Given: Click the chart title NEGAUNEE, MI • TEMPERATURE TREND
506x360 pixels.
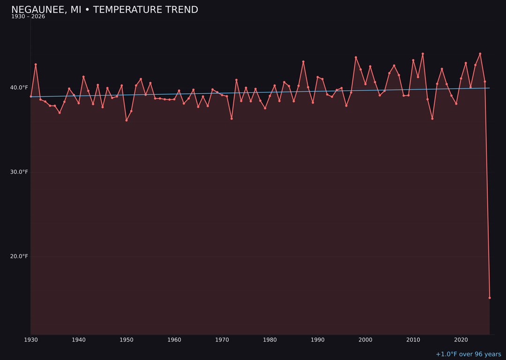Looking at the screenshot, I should point(104,10).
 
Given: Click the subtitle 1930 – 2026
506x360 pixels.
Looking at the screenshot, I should point(28,17).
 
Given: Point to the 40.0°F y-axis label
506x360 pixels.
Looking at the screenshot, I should point(19,88).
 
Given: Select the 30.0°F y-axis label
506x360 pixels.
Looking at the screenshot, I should point(19,172).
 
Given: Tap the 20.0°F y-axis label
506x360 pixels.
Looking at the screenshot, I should point(19,256).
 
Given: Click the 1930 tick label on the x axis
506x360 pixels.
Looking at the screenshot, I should point(31,340).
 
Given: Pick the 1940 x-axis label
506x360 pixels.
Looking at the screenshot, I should point(79,340).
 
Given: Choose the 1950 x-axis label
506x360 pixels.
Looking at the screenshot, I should point(126,340).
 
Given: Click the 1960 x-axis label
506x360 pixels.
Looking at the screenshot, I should point(174,340).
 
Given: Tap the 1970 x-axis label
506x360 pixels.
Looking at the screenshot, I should point(222,340).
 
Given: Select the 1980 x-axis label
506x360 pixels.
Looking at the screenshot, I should point(270,340).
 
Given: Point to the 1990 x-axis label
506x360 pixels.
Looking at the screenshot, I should point(318,340).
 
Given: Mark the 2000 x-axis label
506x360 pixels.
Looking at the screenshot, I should point(365,340).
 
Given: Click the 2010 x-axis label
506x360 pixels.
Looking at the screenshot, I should point(413,340).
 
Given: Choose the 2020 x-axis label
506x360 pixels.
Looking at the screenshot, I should point(461,340).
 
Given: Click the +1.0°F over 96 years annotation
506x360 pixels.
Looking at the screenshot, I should point(468,354).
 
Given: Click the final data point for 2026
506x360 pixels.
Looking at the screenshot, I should point(490,298).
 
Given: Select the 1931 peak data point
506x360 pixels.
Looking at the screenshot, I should point(36,65).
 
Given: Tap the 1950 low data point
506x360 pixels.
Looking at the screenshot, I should point(126,120).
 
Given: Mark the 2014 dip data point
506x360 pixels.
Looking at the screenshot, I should point(432,119).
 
